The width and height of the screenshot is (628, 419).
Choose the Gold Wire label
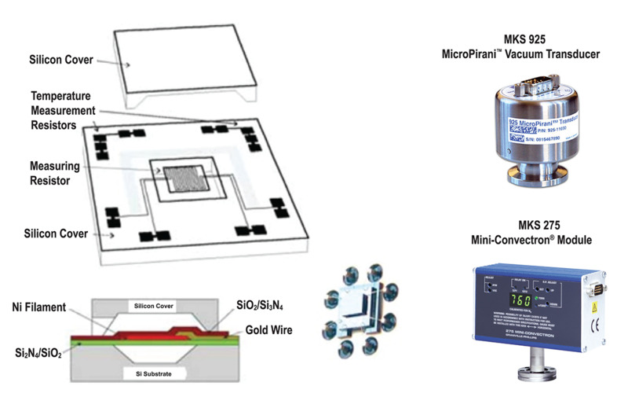268,330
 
